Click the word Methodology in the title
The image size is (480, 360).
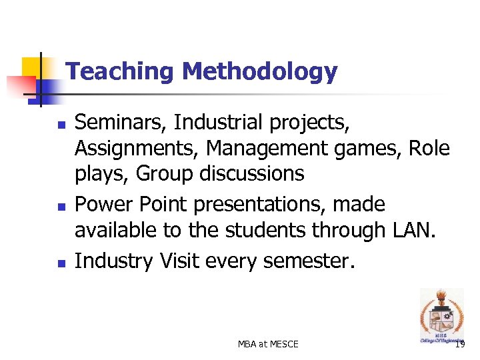pos(260,72)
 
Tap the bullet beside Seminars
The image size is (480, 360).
pos(61,125)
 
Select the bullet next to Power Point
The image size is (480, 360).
pos(61,206)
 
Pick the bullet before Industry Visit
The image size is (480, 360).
pos(61,263)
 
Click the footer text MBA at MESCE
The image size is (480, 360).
pos(268,344)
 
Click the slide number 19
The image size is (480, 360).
pos(460,344)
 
